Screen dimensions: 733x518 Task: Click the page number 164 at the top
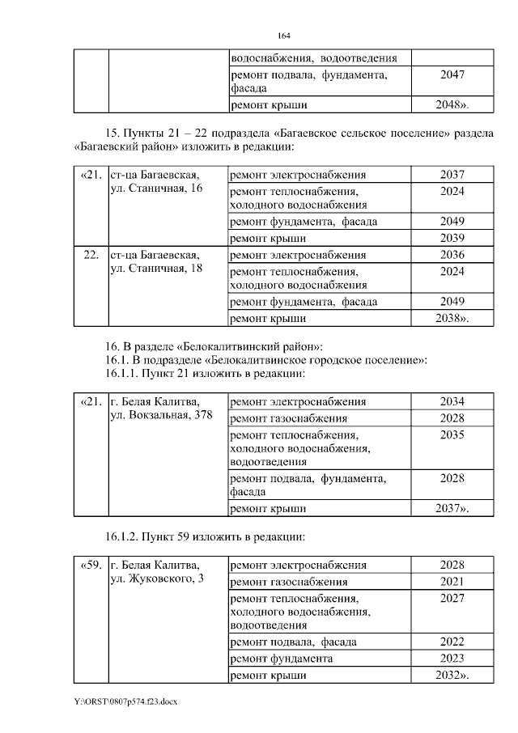tap(283, 36)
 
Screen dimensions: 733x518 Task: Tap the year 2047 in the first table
tap(452, 74)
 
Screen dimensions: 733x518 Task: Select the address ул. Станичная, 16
tap(155, 189)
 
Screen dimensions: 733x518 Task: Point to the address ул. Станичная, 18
tap(155, 268)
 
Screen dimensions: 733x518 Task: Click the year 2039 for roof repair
tap(452, 238)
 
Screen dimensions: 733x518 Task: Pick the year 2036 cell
tap(452, 254)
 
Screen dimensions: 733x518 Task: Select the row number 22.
tap(91, 254)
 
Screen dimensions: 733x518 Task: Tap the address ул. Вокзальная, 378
tap(161, 415)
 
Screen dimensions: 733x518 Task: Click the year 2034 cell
tap(452, 402)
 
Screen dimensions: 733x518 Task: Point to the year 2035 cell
tap(452, 434)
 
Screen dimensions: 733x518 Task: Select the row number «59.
tap(91, 565)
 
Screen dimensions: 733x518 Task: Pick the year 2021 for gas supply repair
tap(452, 582)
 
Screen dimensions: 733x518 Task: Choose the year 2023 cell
tap(452, 659)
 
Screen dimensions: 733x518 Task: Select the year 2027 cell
tap(452, 598)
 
